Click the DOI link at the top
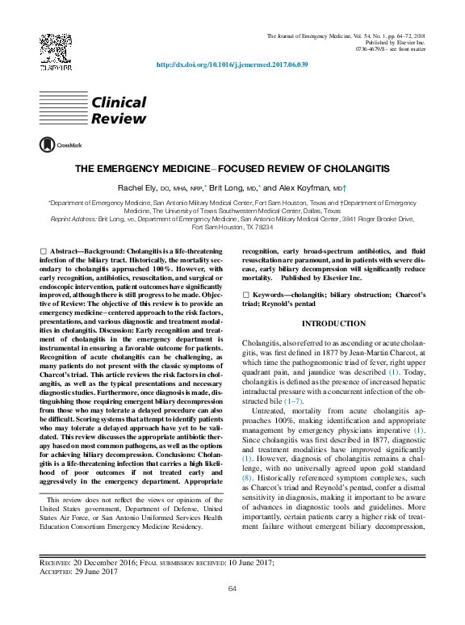click(x=232, y=65)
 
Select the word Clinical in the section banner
click(x=119, y=103)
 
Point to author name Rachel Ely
click(x=134, y=187)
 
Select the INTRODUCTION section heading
click(x=333, y=324)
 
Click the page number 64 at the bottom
click(x=232, y=588)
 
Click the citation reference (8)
click(x=247, y=478)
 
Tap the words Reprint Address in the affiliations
click(x=72, y=219)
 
